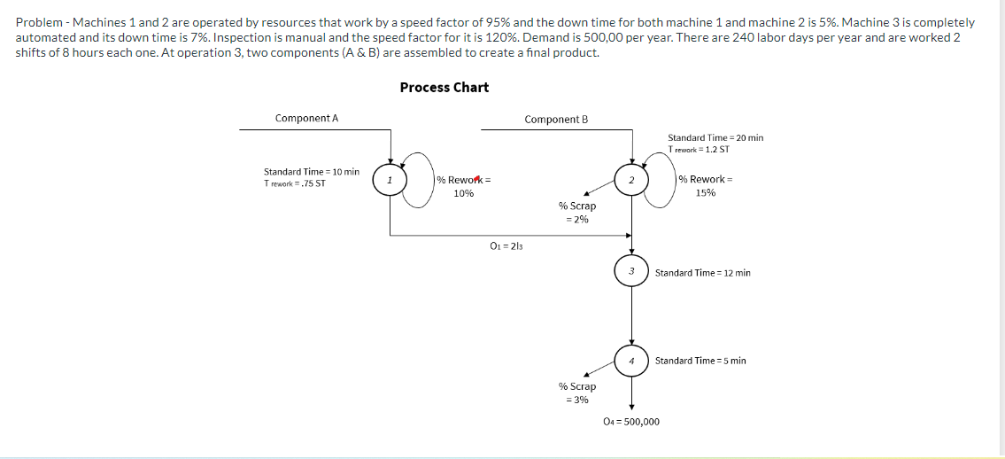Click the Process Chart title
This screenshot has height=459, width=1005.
[444, 87]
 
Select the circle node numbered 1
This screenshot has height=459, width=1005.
[390, 180]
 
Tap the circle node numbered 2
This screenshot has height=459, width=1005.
[631, 180]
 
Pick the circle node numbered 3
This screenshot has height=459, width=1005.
[631, 271]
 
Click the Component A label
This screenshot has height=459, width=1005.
[306, 118]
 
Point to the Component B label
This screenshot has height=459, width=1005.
[556, 119]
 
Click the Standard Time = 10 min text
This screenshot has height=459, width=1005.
[312, 171]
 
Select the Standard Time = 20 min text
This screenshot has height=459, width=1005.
[715, 137]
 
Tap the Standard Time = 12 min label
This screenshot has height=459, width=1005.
[702, 273]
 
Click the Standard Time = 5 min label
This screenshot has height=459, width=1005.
[700, 361]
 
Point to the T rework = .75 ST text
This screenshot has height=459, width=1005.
[295, 183]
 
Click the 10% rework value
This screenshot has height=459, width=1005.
[463, 192]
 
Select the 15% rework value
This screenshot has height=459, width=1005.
[705, 192]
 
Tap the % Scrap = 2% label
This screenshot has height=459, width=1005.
[576, 212]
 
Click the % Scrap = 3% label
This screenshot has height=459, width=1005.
[576, 393]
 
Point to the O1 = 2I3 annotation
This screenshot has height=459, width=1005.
[506, 245]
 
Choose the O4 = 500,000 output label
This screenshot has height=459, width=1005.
[630, 422]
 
